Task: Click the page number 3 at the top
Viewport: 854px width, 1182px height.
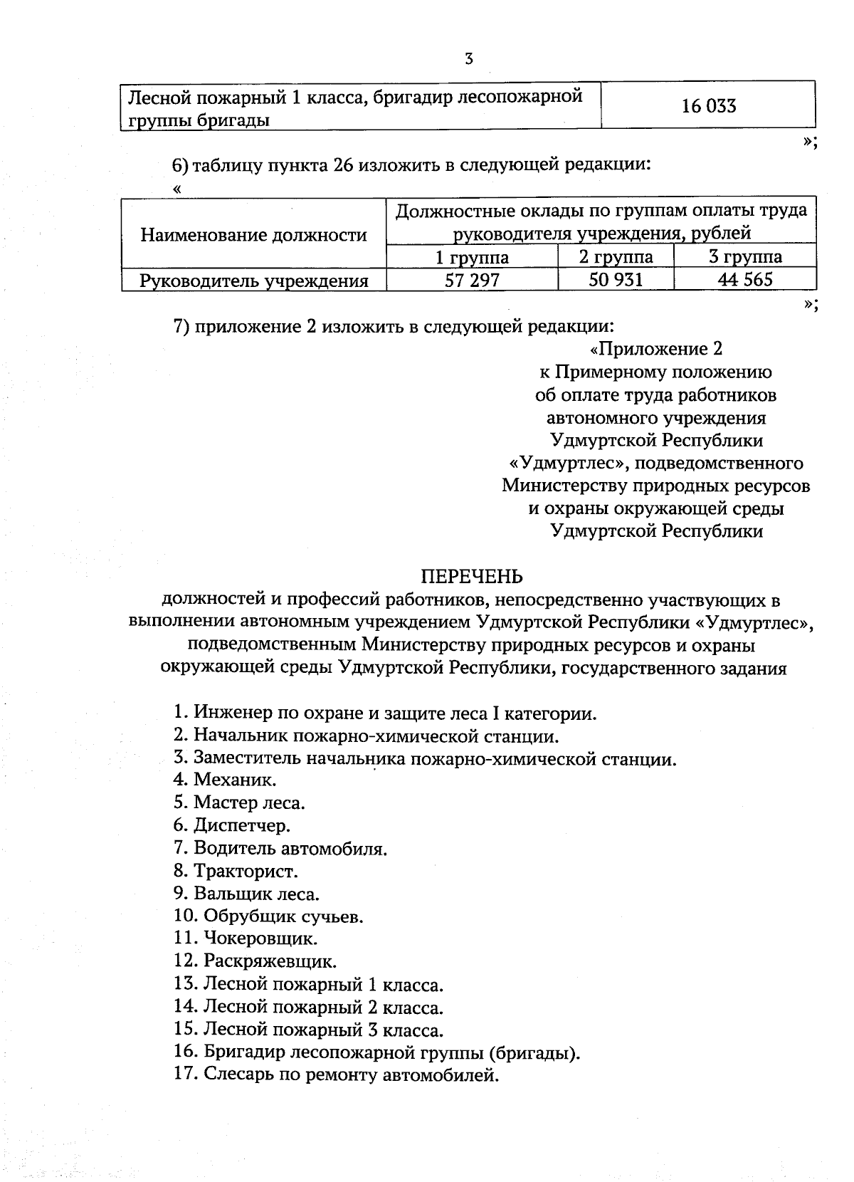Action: click(x=469, y=59)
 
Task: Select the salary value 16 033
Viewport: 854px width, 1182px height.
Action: click(x=708, y=107)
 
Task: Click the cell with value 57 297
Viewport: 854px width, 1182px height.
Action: click(x=472, y=280)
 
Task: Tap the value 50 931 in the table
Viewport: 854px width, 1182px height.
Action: click(x=616, y=279)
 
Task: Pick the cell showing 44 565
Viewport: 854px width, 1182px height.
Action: click(x=744, y=279)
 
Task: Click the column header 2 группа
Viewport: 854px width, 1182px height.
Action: click(x=616, y=256)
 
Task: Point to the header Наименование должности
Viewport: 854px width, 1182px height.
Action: click(x=253, y=234)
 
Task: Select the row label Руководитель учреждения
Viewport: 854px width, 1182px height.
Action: click(x=253, y=281)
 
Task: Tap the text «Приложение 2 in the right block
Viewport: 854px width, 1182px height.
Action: click(x=656, y=349)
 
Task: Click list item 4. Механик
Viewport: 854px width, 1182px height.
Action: click(x=225, y=780)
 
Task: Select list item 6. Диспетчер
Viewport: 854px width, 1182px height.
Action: click(x=232, y=825)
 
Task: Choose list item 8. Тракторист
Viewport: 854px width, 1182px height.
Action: click(x=236, y=870)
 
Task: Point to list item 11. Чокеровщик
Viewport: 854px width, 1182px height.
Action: click(x=246, y=938)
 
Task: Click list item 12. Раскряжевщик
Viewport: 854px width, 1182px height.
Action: click(x=255, y=961)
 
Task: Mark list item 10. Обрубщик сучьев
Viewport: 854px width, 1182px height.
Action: click(x=268, y=916)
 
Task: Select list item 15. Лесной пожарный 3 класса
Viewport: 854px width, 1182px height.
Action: click(x=308, y=1030)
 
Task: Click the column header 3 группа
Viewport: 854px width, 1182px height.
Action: click(x=744, y=256)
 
